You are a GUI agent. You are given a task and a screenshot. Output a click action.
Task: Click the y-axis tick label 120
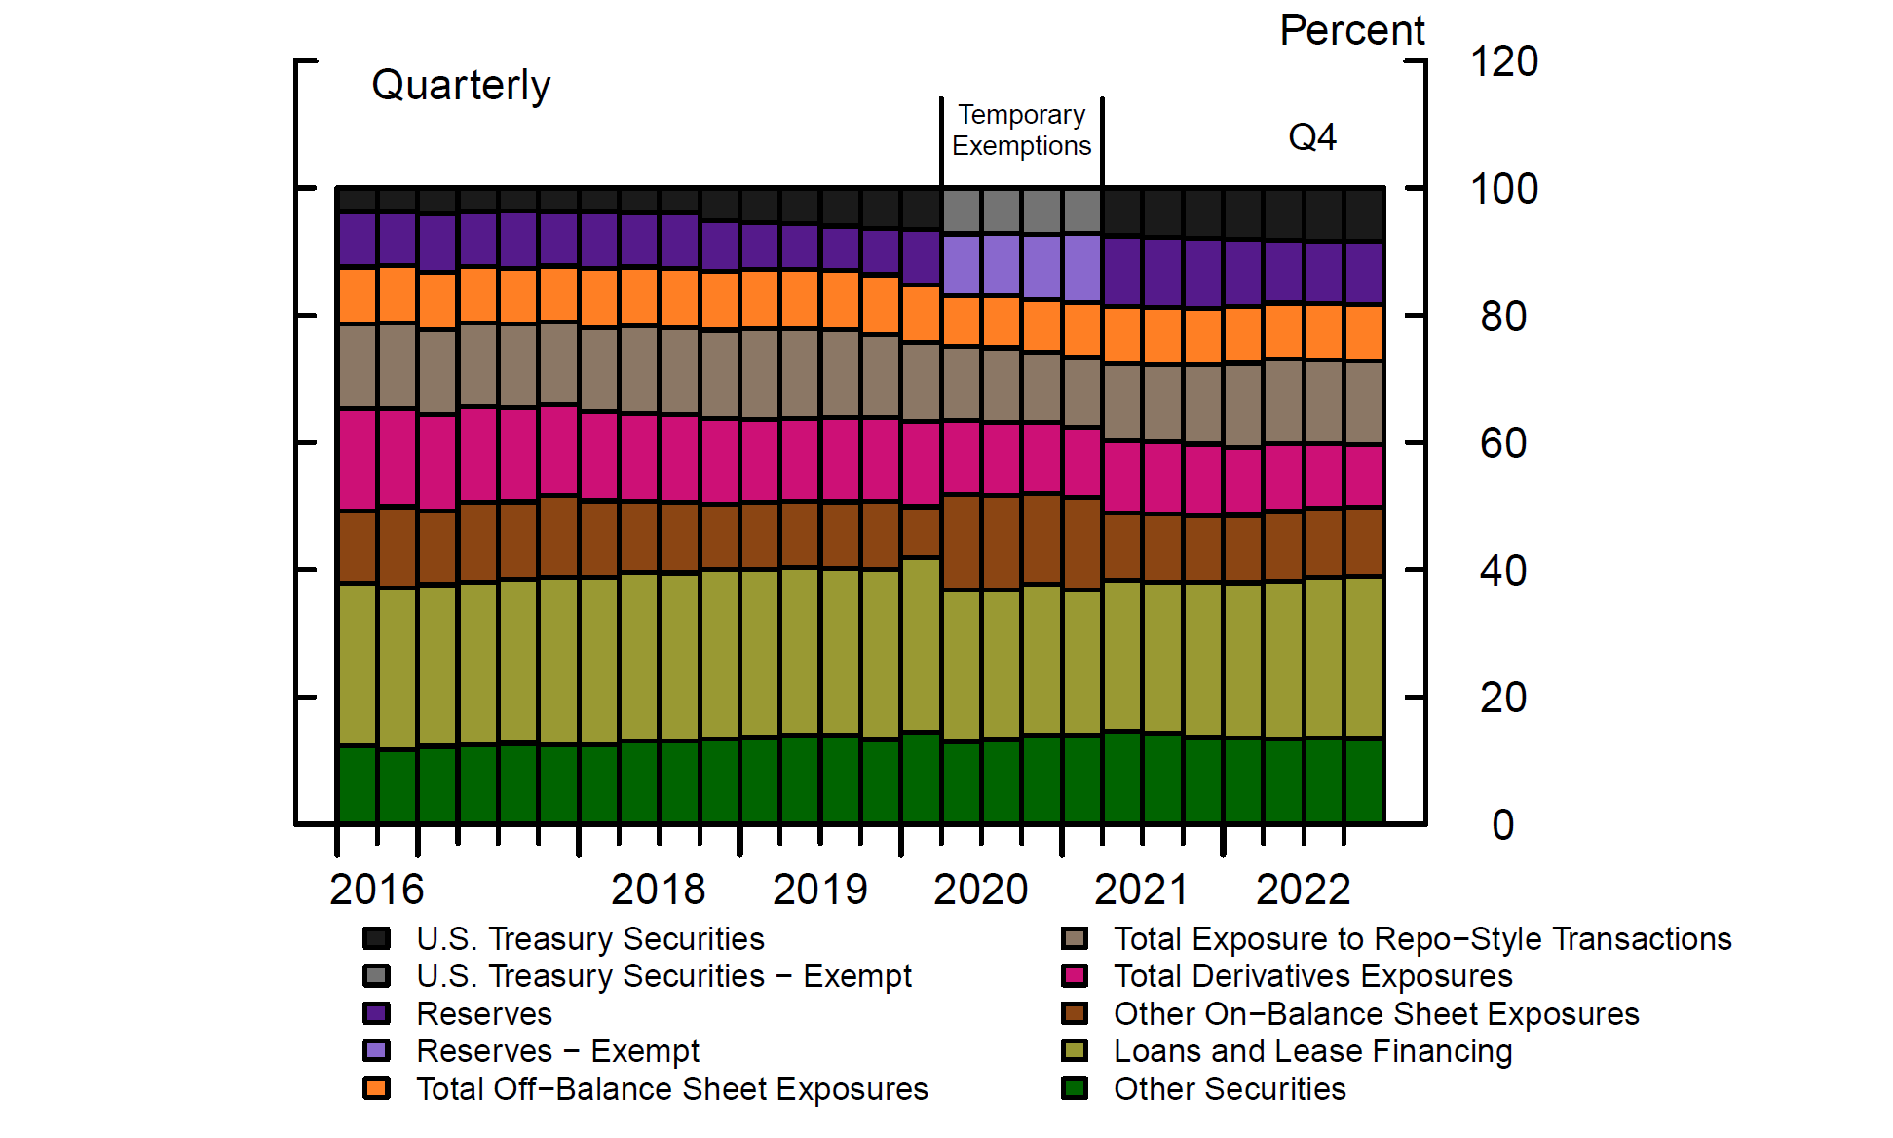[x=1503, y=62]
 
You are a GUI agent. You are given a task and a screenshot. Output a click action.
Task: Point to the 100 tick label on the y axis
[x=1503, y=189]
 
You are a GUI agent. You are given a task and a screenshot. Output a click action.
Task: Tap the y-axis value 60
[x=1503, y=444]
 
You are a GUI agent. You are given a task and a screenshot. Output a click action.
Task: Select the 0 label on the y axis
[x=1503, y=825]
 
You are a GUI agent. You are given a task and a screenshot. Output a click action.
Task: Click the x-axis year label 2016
[x=376, y=890]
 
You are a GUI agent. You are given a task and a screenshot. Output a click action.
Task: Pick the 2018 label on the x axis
[x=658, y=890]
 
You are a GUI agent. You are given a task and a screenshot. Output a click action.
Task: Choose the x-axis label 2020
[x=980, y=890]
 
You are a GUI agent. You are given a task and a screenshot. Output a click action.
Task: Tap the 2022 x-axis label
[x=1303, y=890]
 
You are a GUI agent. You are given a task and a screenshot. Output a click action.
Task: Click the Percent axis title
[x=1351, y=31]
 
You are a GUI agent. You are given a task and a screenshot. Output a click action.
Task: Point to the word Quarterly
[x=461, y=86]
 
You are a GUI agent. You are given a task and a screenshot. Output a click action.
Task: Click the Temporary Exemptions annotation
[x=1021, y=130]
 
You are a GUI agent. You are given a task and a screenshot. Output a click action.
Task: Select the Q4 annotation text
[x=1312, y=137]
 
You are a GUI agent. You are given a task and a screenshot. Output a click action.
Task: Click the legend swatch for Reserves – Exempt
[x=376, y=1051]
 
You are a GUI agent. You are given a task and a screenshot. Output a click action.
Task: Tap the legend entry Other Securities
[x=1230, y=1089]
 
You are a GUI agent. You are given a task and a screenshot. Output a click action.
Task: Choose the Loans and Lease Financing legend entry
[x=1312, y=1051]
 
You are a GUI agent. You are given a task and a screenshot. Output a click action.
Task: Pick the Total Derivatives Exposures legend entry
[x=1312, y=976]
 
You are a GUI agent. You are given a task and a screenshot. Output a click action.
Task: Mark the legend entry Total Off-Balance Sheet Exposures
[x=672, y=1089]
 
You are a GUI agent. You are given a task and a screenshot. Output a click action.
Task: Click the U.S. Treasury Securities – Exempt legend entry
[x=663, y=976]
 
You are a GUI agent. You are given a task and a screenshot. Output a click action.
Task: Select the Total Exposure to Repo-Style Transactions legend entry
[x=1422, y=939]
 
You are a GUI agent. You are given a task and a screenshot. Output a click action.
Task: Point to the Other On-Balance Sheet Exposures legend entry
[x=1376, y=1014]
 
